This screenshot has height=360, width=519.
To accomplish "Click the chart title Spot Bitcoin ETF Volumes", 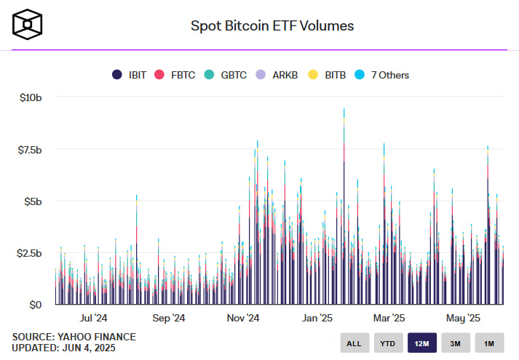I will coord(272,26).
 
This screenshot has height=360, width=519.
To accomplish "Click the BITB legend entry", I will coord(325,75).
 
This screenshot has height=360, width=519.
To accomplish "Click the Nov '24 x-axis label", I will coord(242,318).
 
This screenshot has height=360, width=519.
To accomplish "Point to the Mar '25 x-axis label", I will coord(389,318).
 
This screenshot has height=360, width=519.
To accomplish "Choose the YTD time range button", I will coord(388,343).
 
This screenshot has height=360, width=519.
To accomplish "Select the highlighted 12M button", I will coord(422,343).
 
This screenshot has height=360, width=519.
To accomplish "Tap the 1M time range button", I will coord(489,343).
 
